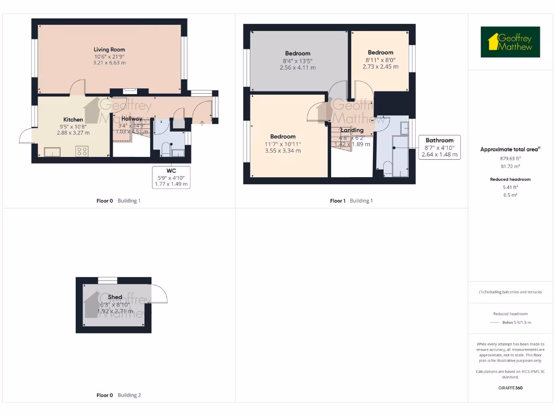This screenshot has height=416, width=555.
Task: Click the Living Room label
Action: pos(109,50)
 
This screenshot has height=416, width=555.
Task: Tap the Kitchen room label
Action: pos(73,120)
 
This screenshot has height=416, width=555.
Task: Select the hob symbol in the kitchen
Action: pos(82,151)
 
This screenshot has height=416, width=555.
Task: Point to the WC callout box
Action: pos(171,177)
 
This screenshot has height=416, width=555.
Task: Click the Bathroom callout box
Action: pos(439,147)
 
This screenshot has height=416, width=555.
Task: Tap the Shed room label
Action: pos(115,297)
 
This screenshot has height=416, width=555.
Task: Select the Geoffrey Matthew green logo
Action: pos(510,42)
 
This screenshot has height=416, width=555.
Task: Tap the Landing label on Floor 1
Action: pos(352,130)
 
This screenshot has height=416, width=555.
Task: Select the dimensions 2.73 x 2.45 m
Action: pos(380,67)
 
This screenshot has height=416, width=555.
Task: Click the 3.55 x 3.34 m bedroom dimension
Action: pos(283,151)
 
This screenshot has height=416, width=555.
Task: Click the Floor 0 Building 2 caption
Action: pos(119,395)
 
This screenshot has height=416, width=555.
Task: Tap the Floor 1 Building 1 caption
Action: pos(351,200)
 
